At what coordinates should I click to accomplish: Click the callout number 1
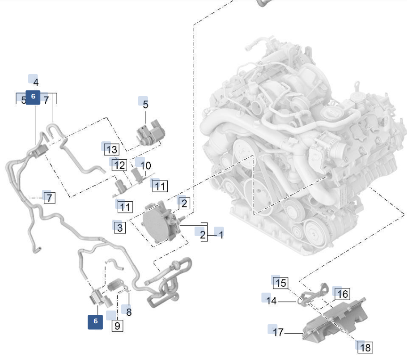coord(220,234)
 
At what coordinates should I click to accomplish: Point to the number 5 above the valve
coord(145,105)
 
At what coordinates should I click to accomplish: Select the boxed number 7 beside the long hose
coord(49,198)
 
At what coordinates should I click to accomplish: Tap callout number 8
coord(129,312)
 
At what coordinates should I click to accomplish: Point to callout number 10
coord(146,166)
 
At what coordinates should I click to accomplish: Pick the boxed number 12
coord(120,165)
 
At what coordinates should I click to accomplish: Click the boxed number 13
coord(112,150)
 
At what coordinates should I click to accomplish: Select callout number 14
coord(271,300)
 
